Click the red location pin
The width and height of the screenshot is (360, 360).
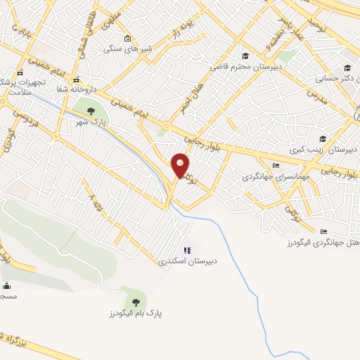(x=181, y=165)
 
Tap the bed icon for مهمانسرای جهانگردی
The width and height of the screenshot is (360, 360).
(x=275, y=166)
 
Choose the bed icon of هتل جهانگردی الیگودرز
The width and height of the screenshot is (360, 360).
(x=323, y=231)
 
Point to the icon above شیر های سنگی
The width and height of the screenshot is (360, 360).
(x=127, y=38)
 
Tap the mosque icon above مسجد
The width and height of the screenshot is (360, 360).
(x=7, y=285)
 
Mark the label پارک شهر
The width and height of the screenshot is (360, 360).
(x=91, y=122)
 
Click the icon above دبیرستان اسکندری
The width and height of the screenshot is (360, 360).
(x=187, y=250)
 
